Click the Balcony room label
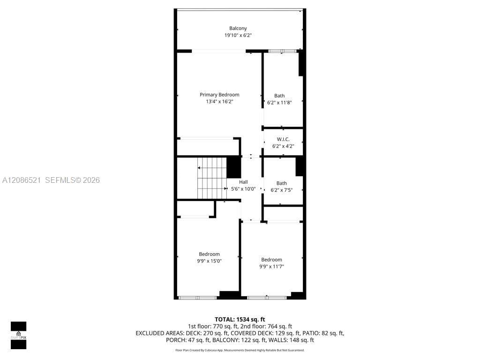click(238, 29)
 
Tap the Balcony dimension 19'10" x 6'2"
click(238, 35)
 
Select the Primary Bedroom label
click(219, 95)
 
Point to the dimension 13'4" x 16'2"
click(219, 102)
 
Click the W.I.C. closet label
click(283, 139)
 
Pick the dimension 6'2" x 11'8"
click(279, 103)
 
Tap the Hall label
click(243, 182)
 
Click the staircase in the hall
click(212, 178)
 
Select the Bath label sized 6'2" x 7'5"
click(282, 183)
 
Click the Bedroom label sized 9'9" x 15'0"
click(210, 254)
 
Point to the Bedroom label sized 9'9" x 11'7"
click(271, 260)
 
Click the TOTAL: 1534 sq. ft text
click(240, 320)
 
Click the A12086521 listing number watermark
click(22, 180)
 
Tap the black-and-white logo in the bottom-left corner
click(18, 335)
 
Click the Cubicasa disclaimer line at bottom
click(240, 350)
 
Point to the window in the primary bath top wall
click(282, 51)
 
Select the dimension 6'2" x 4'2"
click(283, 146)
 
